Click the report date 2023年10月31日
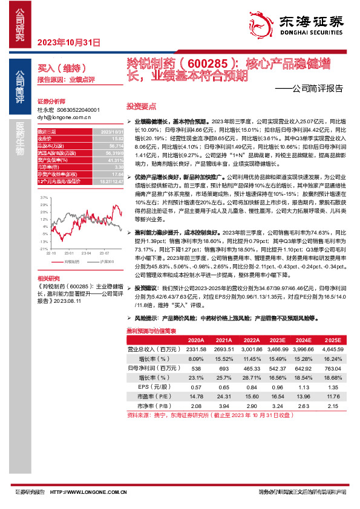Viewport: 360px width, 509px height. point(68,42)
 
